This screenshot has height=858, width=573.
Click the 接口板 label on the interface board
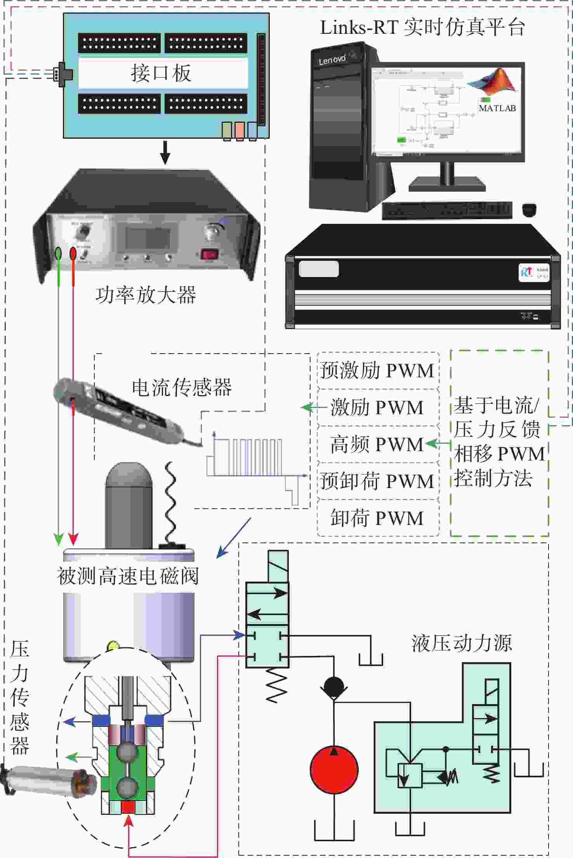(x=161, y=73)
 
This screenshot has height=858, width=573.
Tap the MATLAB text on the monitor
(x=497, y=108)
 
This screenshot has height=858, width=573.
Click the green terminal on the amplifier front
(x=58, y=253)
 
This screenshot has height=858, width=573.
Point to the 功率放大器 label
(x=146, y=295)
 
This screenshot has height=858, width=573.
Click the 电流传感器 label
(x=182, y=387)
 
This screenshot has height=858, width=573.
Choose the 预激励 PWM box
(x=377, y=370)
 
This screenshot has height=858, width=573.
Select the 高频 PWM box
(x=377, y=444)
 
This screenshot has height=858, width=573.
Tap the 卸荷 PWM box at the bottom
(x=377, y=518)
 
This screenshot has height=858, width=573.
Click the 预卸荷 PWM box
(x=377, y=481)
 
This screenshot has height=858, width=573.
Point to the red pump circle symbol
(x=334, y=769)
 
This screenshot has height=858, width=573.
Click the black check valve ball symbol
(x=334, y=687)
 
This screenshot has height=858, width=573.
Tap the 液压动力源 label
(x=462, y=643)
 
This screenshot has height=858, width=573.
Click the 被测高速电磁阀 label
(x=128, y=576)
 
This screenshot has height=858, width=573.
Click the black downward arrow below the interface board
(x=165, y=152)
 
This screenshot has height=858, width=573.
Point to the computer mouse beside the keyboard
(x=529, y=210)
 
